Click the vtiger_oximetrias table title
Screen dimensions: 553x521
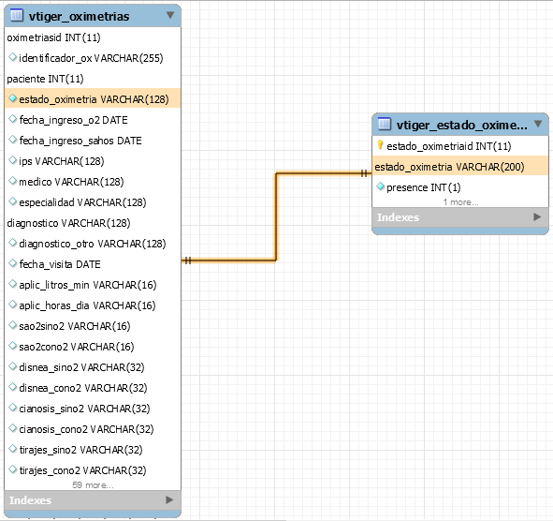(79, 16)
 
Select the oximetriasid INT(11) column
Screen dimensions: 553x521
(53, 37)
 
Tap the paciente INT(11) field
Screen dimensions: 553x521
(45, 79)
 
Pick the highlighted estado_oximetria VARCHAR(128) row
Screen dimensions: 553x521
(93, 99)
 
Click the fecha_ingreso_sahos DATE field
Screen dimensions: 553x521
(80, 141)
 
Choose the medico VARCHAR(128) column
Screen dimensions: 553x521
(71, 182)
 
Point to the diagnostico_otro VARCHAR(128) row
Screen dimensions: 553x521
(93, 244)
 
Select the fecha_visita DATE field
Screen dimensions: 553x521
(60, 264)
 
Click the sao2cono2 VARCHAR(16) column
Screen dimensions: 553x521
(77, 347)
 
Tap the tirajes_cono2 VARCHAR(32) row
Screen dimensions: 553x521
(82, 470)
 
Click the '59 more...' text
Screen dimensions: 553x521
(93, 485)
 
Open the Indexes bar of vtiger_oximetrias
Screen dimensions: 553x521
(93, 500)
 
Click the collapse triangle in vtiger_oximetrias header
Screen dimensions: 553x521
(170, 15)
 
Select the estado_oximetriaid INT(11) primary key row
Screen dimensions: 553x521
(448, 146)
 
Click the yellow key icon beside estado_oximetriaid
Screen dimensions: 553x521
(380, 145)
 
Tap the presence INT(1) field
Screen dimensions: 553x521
(424, 187)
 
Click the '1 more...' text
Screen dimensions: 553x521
(460, 202)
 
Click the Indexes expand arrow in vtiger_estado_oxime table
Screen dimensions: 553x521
(537, 216)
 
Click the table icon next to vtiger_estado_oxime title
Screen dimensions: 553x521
(385, 124)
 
